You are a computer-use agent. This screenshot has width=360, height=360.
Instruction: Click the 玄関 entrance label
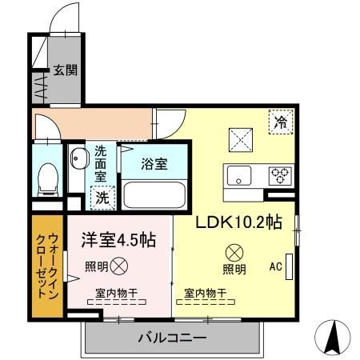pyautogui.click(x=66, y=70)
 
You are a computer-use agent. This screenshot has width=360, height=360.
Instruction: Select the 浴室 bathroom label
pyautogui.click(x=154, y=164)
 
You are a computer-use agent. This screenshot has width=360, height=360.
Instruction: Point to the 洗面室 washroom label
pyautogui.click(x=101, y=162)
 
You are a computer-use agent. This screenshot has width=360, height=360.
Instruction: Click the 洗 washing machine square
pyautogui.click(x=101, y=196)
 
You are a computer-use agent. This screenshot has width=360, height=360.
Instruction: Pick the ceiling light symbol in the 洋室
pyautogui.click(x=118, y=265)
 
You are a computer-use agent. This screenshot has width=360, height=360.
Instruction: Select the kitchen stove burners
pyautogui.click(x=281, y=175)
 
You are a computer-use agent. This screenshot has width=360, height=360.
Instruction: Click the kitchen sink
pyautogui.click(x=240, y=175)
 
